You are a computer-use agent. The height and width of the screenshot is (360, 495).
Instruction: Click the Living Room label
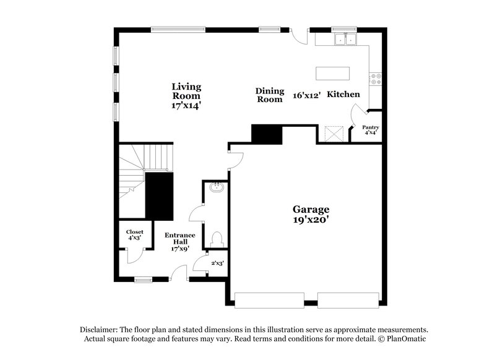pos(186,96)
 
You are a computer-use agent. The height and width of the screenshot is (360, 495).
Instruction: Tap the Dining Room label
pos(269,95)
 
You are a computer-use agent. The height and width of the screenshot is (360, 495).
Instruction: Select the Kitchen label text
pos(343,95)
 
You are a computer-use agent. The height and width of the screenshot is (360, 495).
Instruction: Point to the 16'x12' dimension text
pos(307,96)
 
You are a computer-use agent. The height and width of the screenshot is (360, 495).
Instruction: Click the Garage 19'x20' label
pos(311,214)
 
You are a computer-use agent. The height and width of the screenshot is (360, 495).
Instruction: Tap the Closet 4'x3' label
pos(135,234)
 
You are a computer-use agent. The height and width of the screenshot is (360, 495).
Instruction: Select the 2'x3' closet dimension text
pos(217,262)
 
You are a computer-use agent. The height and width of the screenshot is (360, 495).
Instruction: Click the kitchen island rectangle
pos(332,73)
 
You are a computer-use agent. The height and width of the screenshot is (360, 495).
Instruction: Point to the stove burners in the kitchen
pos(375,79)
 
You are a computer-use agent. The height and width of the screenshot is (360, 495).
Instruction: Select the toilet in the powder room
pos(217,239)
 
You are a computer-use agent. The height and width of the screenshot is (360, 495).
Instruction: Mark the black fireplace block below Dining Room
pos(267,134)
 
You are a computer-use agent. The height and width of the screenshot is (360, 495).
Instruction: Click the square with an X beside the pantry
pos(334,134)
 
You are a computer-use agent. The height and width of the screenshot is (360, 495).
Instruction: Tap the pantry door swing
pos(358,115)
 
